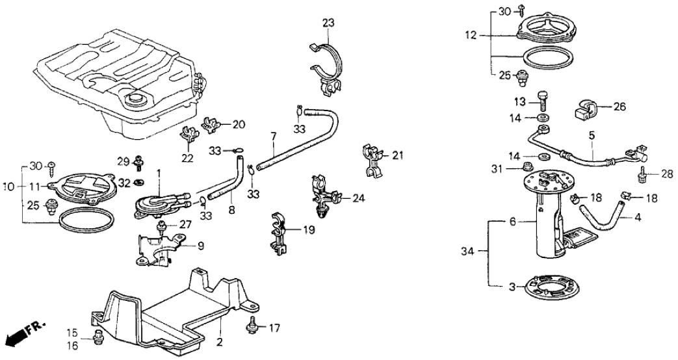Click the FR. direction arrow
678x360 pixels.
pos(20,337)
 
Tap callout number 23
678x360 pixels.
pos(328,23)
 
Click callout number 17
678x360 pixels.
pos(275,328)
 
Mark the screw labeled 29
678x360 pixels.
pos(138,161)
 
